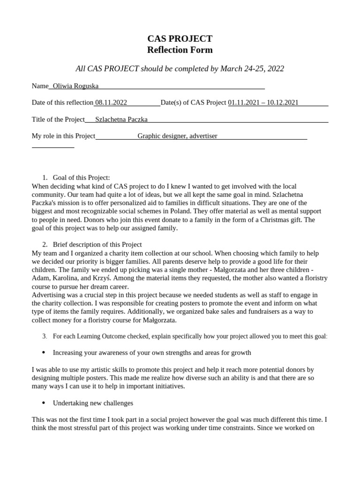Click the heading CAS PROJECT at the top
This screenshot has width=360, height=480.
[x=180, y=38]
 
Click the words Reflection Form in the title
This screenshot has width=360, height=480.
[x=180, y=50]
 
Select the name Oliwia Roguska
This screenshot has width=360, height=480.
[x=75, y=86]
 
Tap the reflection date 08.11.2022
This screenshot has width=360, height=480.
[x=111, y=103]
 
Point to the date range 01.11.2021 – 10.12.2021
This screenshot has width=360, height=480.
[x=263, y=103]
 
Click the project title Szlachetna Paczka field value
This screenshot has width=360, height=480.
[x=121, y=120]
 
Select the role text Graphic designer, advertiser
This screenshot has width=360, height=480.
[x=177, y=136]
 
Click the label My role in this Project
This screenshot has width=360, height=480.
[x=63, y=136]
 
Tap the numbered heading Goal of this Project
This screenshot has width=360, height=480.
[x=81, y=178]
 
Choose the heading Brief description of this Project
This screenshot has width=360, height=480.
[x=97, y=245]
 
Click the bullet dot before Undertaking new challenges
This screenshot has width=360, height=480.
[x=44, y=403]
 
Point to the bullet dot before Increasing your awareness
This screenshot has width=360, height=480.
[x=44, y=352]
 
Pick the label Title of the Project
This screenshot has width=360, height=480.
[x=58, y=120]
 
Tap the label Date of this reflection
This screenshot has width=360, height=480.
[x=62, y=103]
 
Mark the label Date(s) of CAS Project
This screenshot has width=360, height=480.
[x=193, y=103]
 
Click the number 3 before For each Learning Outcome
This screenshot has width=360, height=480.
[x=44, y=337]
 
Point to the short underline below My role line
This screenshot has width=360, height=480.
[x=53, y=147]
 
